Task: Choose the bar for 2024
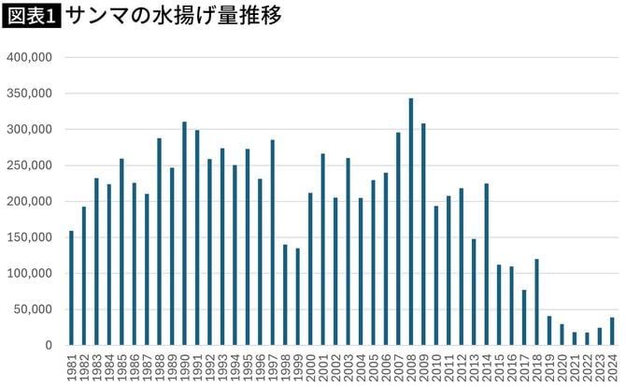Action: pos(612,331)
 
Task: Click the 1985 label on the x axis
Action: pos(122,365)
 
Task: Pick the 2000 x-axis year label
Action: pos(310,365)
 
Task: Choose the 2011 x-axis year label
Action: pos(448,365)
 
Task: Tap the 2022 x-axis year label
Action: pos(587,365)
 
